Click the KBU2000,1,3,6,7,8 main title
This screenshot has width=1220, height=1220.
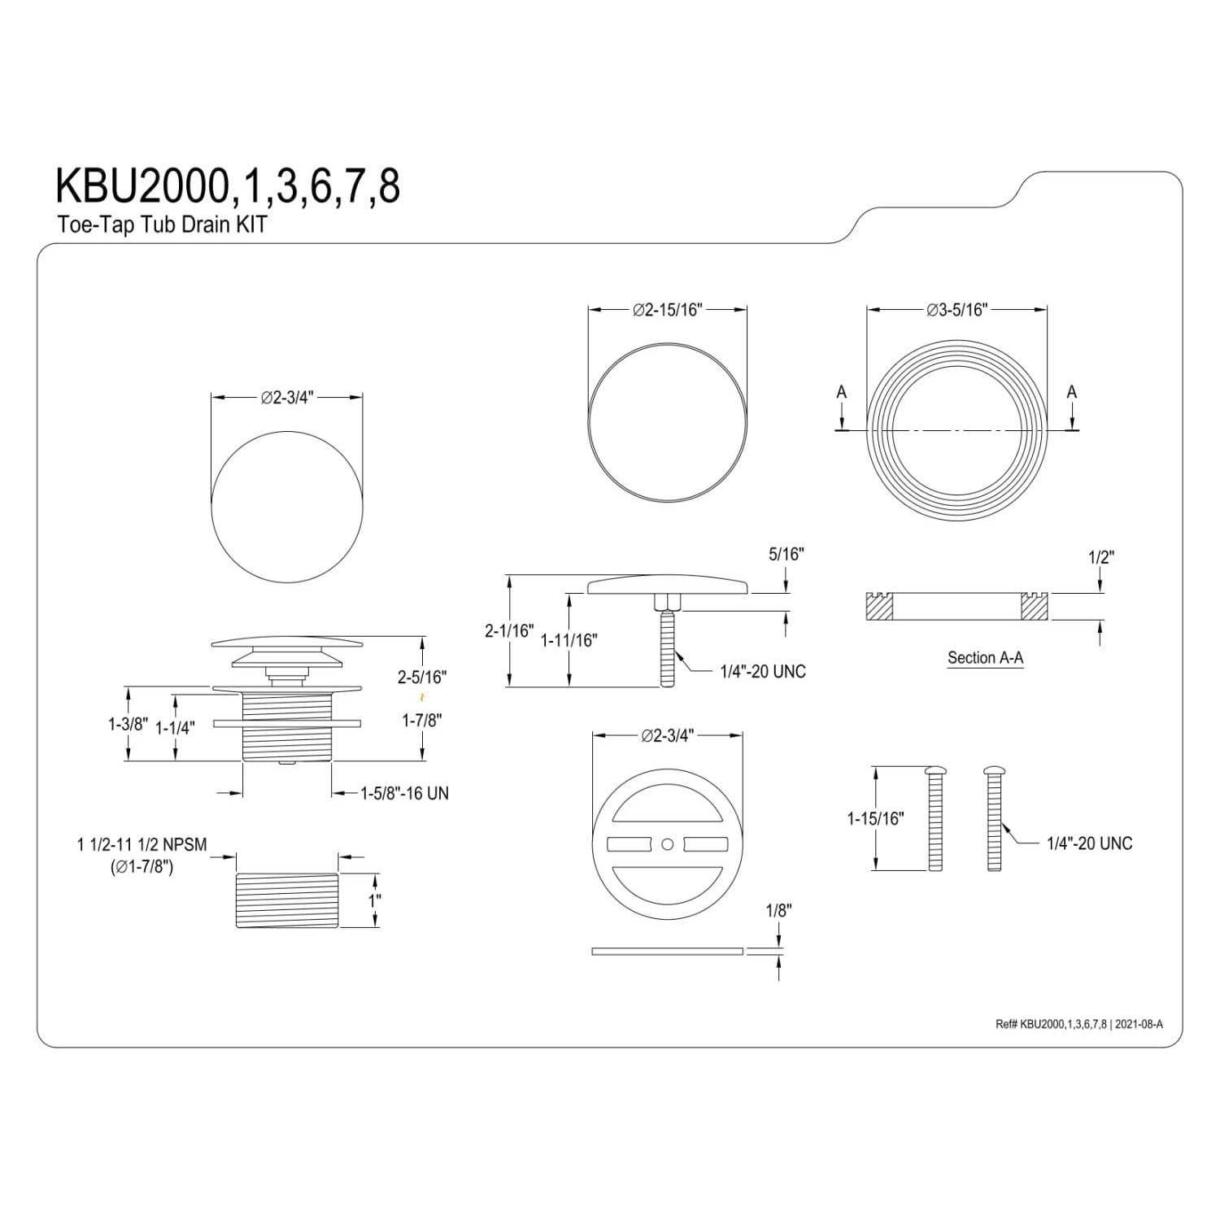pos(228,187)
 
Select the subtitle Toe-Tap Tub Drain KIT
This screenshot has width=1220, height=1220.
pos(162,225)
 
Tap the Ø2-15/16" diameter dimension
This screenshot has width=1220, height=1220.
pos(667,310)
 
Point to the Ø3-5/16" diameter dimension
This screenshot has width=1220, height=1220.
pos(956,310)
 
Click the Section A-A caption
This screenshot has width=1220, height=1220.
pos(985,658)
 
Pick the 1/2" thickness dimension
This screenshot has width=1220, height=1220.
pos(1100,558)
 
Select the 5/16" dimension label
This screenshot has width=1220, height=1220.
pos(786,555)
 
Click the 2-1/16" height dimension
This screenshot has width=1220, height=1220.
pos(509,630)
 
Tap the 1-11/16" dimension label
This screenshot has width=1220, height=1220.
pos(569,640)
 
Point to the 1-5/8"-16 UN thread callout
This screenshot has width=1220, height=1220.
pos(404,793)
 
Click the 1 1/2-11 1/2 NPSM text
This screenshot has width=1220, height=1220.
pos(142,845)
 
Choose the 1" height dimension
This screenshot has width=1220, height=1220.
pos(374,901)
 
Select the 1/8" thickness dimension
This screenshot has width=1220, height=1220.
pos(778,911)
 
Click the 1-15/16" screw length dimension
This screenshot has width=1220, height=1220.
pos(875,818)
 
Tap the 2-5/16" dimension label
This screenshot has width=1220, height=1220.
pos(421,677)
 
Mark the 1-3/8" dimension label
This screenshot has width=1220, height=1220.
pos(128,724)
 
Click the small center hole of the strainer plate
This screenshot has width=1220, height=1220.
pos(668,845)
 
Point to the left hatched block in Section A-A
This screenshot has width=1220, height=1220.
pos(878,607)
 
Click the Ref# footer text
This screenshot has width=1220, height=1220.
pos(1078,1024)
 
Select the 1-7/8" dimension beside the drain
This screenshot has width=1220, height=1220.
pos(421,721)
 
